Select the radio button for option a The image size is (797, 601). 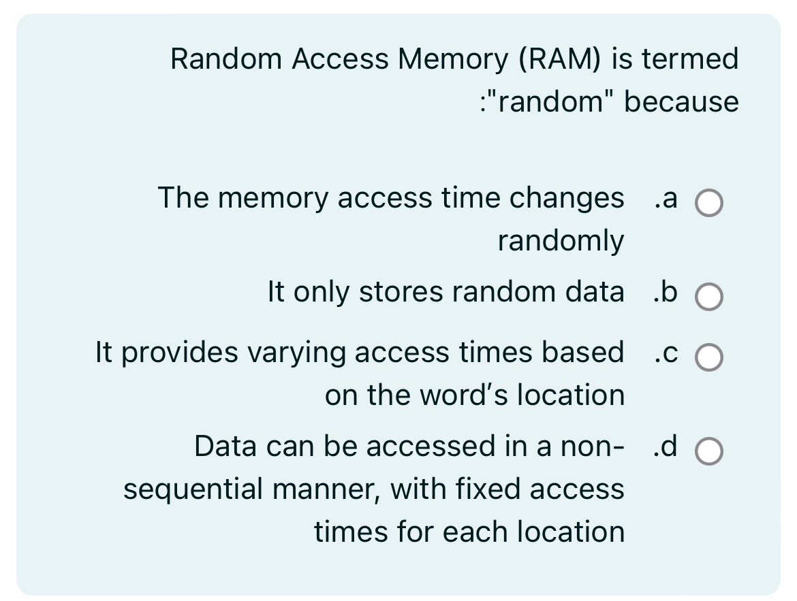tap(708, 204)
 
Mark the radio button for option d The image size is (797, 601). tap(708, 451)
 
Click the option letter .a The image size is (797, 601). tap(665, 198)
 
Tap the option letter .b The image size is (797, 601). tap(665, 292)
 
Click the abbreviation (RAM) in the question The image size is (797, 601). tap(560, 59)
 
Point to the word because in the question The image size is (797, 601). tap(681, 102)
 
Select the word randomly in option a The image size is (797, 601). tap(560, 241)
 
